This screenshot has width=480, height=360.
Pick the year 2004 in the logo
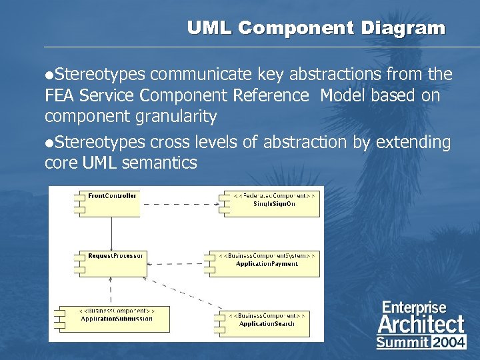[449, 343]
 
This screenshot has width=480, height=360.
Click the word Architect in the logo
[421, 325]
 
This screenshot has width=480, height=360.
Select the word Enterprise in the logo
[413, 307]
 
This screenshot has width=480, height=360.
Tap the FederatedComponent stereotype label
[275, 195]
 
